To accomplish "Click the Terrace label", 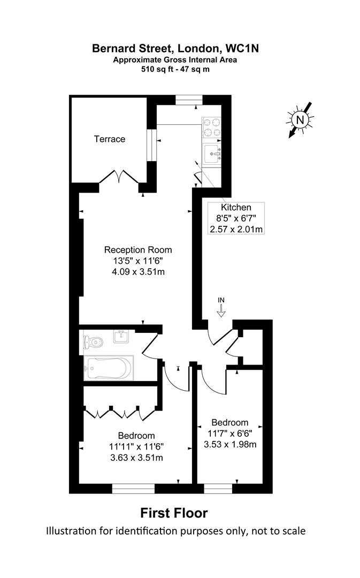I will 110,139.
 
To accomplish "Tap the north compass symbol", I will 300,120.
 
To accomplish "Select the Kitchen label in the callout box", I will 236,208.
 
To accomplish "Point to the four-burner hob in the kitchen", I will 211,128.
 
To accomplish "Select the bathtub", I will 109,368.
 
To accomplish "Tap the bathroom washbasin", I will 122,337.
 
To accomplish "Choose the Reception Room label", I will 138,249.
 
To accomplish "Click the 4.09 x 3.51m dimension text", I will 138,271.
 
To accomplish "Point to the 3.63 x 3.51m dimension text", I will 137,457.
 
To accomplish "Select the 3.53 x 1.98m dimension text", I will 229,444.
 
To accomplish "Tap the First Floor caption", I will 174,513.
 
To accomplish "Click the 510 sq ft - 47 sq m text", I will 175,69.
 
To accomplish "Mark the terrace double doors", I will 119,177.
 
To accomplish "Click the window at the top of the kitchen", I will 189,98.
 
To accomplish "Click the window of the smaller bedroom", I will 218,488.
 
